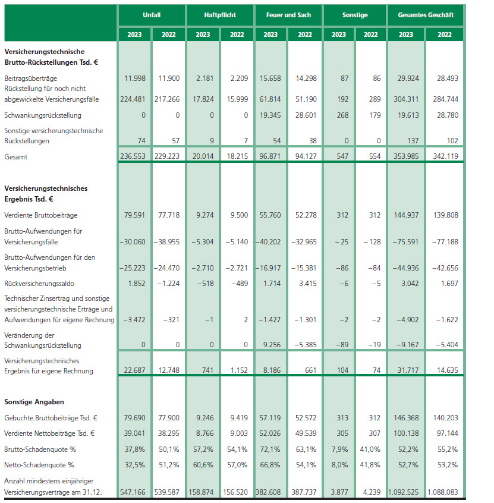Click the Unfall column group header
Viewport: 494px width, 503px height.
(152, 14)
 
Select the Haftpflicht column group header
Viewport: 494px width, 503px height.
(220, 14)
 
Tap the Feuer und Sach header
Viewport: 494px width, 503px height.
(288, 14)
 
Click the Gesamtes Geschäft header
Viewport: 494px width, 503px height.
(425, 14)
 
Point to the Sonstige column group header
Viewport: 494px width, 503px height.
(355, 14)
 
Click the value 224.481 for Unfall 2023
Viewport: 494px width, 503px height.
(134, 99)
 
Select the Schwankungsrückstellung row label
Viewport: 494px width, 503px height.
(43, 115)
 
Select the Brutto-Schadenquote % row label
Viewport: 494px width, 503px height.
(39, 449)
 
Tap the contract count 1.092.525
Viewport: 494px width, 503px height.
(405, 493)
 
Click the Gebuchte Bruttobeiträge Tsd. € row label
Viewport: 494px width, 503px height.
(51, 418)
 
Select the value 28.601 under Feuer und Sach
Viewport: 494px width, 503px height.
(305, 115)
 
